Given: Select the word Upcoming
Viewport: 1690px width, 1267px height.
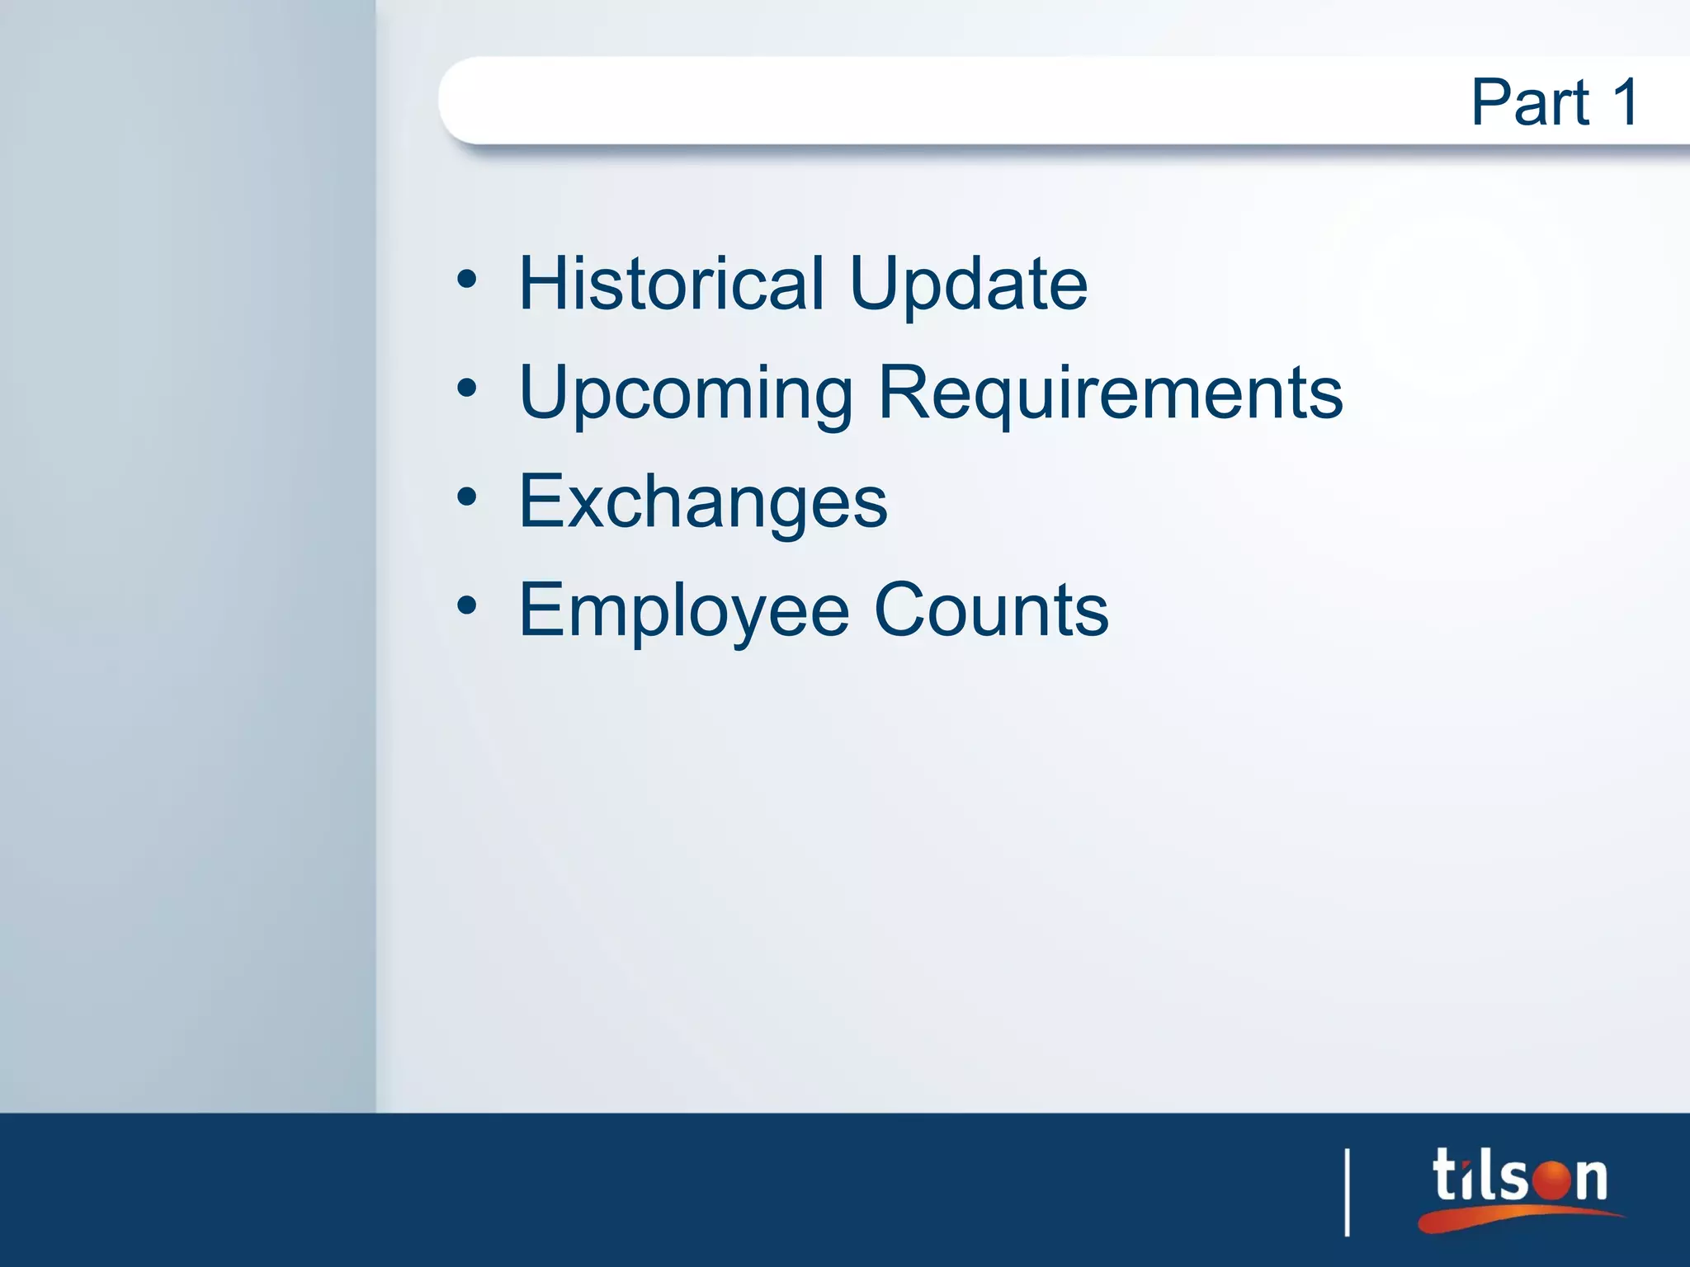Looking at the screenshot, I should pos(685,394).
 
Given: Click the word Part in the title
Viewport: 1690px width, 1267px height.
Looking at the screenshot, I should pos(1530,102).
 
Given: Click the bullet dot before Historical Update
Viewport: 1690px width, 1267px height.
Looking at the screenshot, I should pos(467,280).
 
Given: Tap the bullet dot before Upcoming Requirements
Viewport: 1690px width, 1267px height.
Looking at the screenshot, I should pos(467,389).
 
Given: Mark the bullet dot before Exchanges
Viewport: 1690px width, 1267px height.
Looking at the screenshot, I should pos(467,497).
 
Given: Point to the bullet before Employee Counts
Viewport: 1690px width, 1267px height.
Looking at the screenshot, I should pos(467,606).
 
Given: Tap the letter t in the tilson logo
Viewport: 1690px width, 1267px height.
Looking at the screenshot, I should pos(1446,1175).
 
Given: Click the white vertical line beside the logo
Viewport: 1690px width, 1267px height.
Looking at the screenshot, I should pos(1348,1192).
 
